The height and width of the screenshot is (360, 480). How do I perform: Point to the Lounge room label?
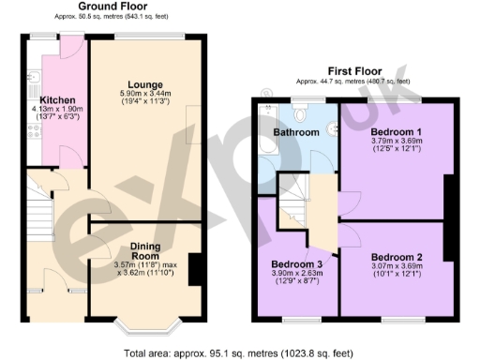tap(145, 85)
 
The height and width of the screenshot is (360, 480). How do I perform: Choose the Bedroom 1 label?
tap(396, 132)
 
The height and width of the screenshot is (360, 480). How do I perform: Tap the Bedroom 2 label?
tap(396, 256)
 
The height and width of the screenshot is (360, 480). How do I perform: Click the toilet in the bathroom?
tap(300, 113)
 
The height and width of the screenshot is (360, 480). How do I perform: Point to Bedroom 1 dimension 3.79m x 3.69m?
tap(396, 142)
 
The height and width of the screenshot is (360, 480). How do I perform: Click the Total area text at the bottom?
tap(239, 353)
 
